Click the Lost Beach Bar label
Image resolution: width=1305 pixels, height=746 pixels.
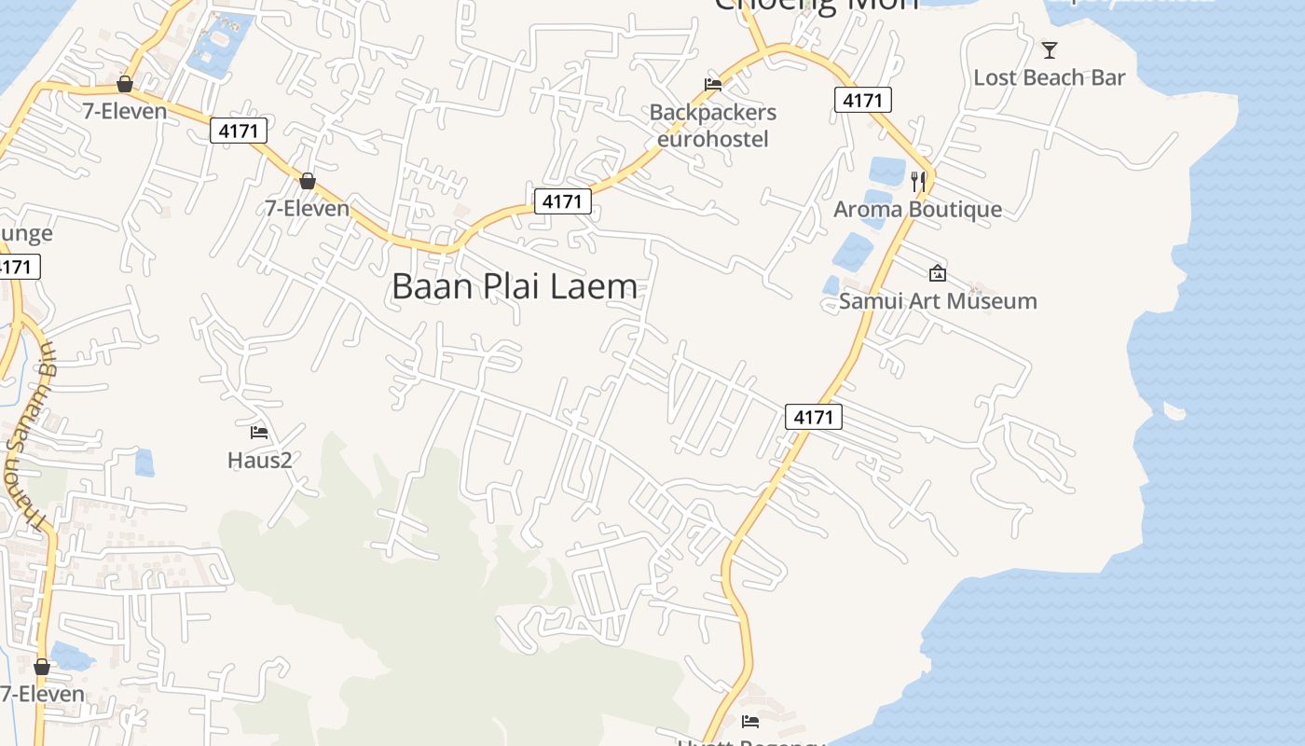(1049, 77)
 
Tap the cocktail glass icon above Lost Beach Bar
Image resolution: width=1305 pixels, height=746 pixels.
(1050, 49)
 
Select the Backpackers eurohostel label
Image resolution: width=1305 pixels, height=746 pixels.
(713, 125)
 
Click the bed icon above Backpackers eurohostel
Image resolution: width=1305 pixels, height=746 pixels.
(713, 84)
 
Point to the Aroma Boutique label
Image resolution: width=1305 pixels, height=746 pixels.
(917, 209)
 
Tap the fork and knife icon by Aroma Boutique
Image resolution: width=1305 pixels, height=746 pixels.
(919, 181)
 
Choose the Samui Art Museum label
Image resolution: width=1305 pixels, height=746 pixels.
(938, 300)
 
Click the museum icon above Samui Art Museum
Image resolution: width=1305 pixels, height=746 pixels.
(938, 273)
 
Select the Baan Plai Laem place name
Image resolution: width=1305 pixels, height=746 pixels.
(515, 285)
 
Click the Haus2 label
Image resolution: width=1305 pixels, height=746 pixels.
(260, 459)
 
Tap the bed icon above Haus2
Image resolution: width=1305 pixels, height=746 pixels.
(259, 432)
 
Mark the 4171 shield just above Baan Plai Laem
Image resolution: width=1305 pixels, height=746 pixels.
(563, 200)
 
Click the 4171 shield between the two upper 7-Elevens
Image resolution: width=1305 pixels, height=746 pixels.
(239, 131)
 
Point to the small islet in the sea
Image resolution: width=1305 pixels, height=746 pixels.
(1174, 410)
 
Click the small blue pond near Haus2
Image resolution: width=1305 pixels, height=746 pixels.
(144, 463)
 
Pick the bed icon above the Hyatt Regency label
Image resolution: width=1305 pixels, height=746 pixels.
(750, 721)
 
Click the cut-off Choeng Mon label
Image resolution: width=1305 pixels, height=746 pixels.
(816, 5)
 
